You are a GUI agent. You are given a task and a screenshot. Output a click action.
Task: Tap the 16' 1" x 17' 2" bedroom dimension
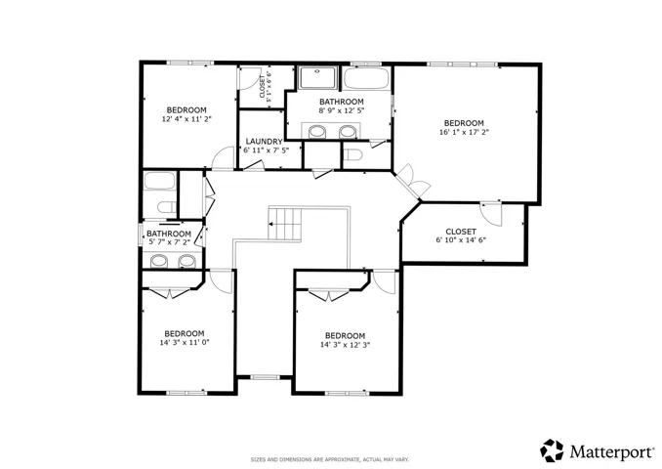464,132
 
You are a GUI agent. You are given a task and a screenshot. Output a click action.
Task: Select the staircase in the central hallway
285,224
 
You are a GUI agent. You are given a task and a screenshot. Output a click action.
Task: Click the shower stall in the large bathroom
318,77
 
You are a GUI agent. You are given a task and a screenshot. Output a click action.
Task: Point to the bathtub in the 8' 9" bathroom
366,78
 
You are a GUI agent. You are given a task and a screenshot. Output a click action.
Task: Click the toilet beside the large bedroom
352,155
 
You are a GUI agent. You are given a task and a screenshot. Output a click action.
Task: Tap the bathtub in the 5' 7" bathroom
159,181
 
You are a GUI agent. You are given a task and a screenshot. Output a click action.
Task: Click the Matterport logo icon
552,450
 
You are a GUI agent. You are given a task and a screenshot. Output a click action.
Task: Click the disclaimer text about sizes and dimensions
330,459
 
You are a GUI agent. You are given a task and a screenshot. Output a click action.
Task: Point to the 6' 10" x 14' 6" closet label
461,235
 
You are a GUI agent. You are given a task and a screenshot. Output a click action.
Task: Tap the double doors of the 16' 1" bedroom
413,181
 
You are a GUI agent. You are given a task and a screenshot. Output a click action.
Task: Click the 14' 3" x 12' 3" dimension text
346,345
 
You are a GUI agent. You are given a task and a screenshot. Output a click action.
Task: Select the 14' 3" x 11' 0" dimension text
185,343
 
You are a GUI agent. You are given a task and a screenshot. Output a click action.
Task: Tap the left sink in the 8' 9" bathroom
316,132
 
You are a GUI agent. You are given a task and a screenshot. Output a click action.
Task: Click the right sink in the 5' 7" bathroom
186,261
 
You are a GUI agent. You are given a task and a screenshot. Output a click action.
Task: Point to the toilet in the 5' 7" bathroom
166,207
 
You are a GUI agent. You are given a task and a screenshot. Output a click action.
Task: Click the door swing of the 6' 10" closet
490,214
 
